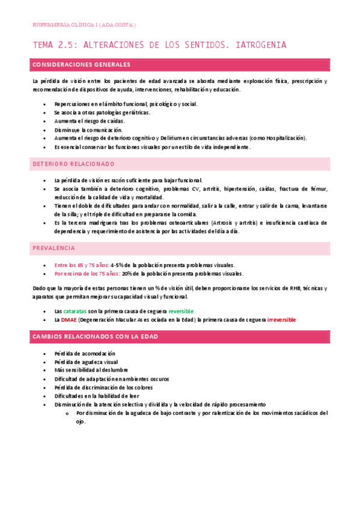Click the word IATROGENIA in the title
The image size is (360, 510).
[x=261, y=45]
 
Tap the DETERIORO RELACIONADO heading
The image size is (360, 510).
[x=73, y=164]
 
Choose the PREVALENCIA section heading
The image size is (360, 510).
[x=54, y=248]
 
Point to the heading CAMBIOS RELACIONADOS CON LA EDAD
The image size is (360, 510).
[x=96, y=337]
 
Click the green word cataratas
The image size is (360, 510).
[x=75, y=311]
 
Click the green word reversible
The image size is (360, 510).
[x=181, y=311]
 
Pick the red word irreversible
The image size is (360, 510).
[x=281, y=320]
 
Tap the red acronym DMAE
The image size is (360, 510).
[x=70, y=320]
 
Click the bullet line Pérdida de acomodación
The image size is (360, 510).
[x=84, y=354]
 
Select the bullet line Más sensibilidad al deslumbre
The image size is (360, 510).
[x=91, y=370]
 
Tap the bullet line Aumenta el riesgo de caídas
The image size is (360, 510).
[x=89, y=121]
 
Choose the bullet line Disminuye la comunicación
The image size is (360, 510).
[x=88, y=129]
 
